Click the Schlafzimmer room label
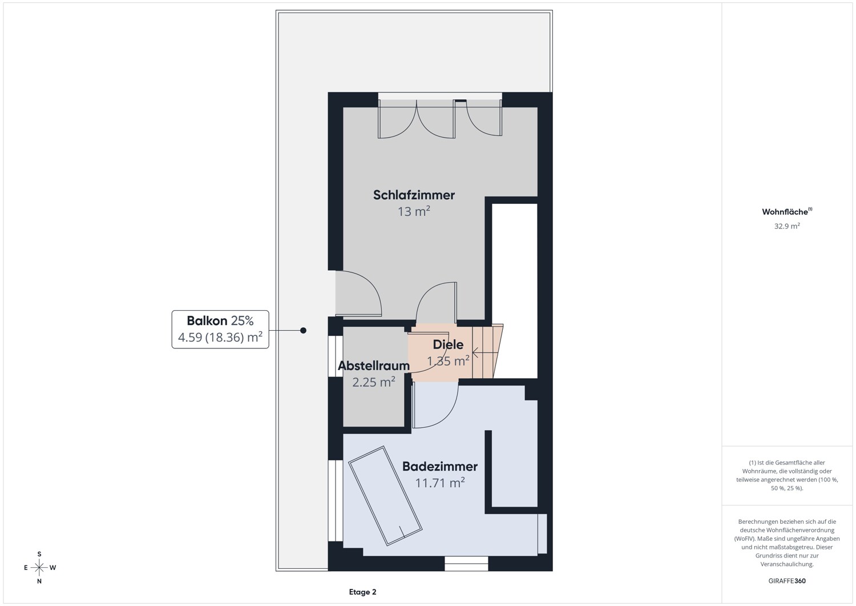[414, 195]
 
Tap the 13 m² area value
[414, 211]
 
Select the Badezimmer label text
[440, 467]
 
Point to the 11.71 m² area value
[440, 483]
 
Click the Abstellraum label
[374, 366]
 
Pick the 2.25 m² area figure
[374, 382]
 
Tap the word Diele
[448, 345]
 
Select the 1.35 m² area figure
[448, 361]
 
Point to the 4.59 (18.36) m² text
[220, 338]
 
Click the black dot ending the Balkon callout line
[303, 330]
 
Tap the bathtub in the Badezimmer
[385, 495]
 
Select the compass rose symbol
[39, 567]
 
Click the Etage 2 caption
[362, 592]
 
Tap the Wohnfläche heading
[787, 211]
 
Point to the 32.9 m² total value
[787, 226]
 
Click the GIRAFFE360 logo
[787, 581]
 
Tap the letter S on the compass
[39, 554]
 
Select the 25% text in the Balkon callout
[243, 320]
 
